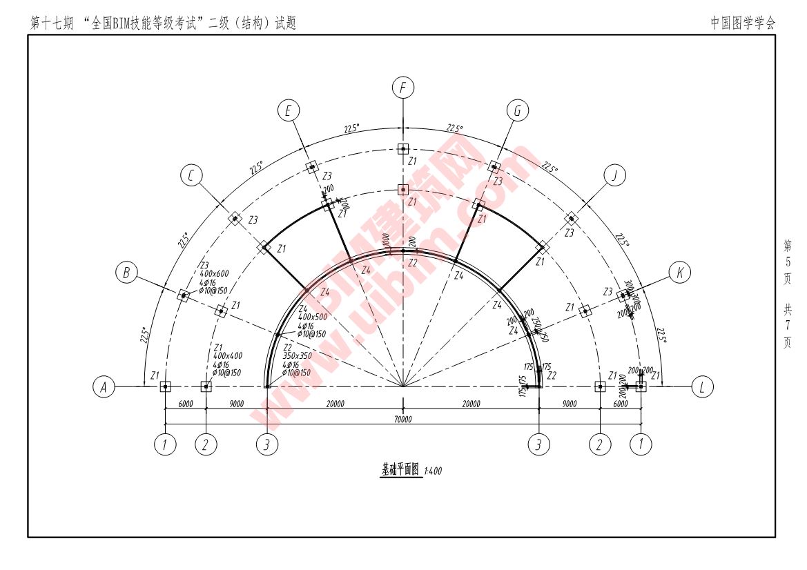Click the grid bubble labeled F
tap(403, 88)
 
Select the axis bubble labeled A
tap(104, 388)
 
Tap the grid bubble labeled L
tap(702, 387)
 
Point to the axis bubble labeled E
tap(289, 110)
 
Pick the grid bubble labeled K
tap(680, 273)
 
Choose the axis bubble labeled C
tap(191, 176)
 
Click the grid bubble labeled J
tap(614, 175)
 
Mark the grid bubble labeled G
tap(517, 110)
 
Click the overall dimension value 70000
tap(403, 420)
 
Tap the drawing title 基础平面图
tap(400, 470)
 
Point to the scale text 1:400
tap(433, 472)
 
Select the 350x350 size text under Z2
tap(297, 356)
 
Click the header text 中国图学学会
tap(743, 23)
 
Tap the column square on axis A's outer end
tap(165, 387)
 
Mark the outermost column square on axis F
tap(403, 148)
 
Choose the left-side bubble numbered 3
tap(267, 446)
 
